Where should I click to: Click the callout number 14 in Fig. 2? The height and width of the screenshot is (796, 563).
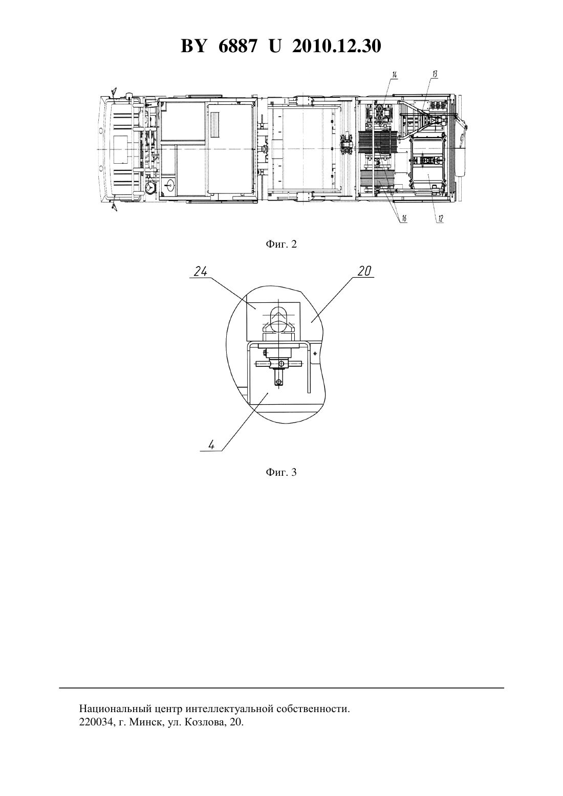coord(394,75)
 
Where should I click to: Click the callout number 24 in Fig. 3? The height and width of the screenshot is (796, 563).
coord(201,272)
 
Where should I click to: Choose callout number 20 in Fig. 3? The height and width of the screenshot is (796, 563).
coord(364,271)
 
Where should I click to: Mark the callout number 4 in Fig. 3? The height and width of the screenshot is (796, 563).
coord(211,445)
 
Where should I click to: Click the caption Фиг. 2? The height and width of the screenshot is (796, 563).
coord(281,244)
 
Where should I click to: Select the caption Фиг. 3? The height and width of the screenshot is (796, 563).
coord(281,472)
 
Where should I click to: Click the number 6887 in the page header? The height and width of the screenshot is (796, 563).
coord(237,46)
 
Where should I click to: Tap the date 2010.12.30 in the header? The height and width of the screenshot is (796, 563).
coord(337,46)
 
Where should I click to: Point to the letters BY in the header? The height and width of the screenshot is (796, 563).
coord(193,46)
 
